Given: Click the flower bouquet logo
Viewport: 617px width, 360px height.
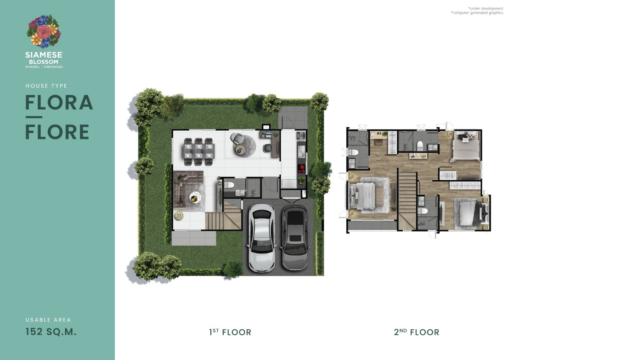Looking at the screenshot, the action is click(44, 31).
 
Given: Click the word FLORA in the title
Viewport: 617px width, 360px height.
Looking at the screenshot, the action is click(59, 102).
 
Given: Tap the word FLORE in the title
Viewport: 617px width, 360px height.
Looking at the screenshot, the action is click(57, 132).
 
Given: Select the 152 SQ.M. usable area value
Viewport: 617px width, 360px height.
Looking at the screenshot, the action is click(51, 332).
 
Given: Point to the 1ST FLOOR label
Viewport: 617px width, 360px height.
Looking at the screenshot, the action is click(230, 332).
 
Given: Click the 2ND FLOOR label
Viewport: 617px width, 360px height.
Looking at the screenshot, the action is click(416, 332).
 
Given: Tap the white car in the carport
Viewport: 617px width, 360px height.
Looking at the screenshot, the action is click(261, 238).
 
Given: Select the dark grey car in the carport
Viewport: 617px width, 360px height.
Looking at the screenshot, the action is click(295, 238).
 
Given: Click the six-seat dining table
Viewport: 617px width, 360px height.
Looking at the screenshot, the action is click(199, 152).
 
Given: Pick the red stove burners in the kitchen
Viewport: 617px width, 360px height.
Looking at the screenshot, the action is click(301, 168).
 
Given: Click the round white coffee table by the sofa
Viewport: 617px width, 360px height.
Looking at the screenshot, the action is click(195, 197).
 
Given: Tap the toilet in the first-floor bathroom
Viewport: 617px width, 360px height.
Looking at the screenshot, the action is click(229, 185).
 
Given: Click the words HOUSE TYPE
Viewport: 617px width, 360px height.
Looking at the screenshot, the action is click(46, 86).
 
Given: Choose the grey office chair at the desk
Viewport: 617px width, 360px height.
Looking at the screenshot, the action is click(267, 148).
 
